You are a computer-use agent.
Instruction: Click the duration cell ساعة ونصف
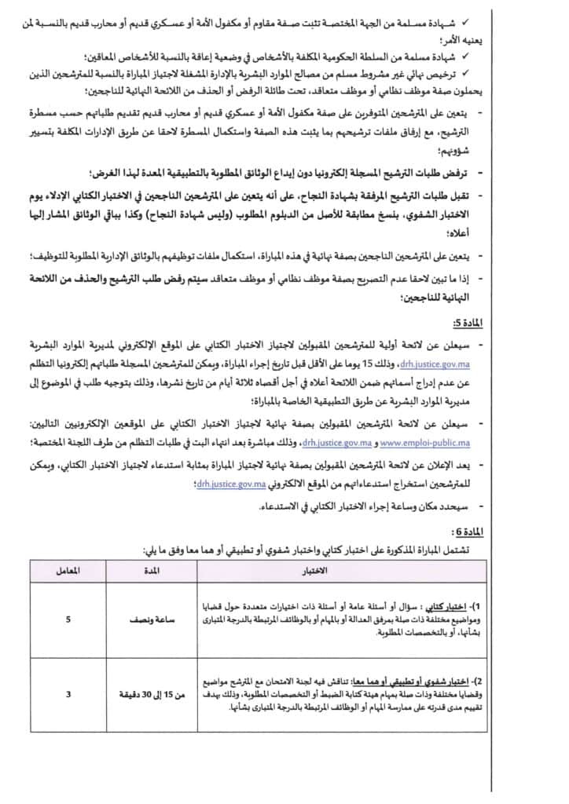click(152, 619)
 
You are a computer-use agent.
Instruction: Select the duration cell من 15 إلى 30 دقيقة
click(152, 693)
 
